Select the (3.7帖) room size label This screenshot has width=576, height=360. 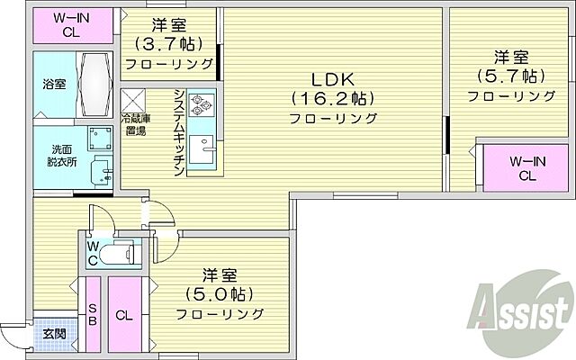(169, 43)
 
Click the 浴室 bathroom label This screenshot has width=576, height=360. (54, 85)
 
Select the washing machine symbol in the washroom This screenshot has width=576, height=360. (99, 137)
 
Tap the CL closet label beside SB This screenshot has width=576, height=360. (125, 315)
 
